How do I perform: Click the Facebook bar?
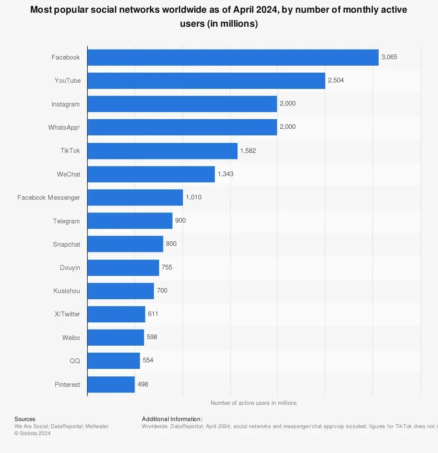(233, 57)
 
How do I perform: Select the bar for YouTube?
(206, 81)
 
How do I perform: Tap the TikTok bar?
(162, 151)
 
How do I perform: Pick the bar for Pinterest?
(111, 384)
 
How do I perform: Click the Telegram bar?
(130, 221)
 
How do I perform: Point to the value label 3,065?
(389, 57)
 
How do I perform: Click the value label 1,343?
(226, 174)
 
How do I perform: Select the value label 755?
(167, 267)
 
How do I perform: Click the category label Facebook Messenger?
(49, 198)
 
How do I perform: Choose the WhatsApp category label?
(64, 127)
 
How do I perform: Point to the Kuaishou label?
(67, 291)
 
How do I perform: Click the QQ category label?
(74, 361)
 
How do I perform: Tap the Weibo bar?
(116, 337)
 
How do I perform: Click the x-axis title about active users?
(253, 403)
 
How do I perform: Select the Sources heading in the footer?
(25, 419)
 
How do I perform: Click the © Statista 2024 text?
(32, 433)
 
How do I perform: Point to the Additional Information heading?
(172, 419)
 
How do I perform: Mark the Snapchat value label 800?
(171, 244)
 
